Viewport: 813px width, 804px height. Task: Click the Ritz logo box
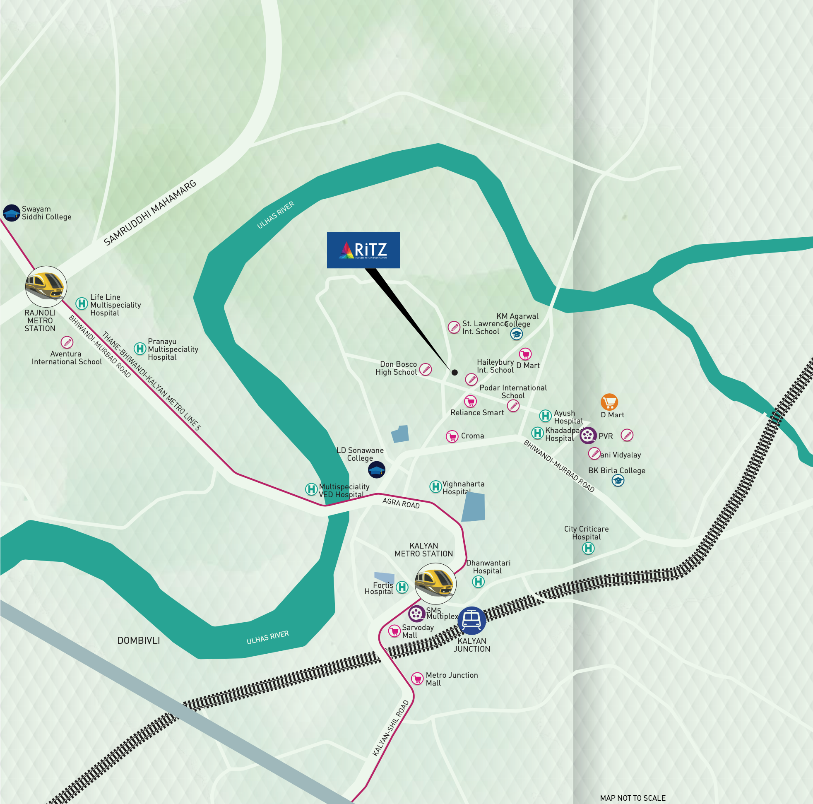[x=363, y=250]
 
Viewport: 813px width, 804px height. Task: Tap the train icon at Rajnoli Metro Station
[x=46, y=286]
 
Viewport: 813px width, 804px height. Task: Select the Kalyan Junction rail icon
[x=472, y=620]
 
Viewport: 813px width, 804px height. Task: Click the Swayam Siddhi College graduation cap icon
[x=11, y=213]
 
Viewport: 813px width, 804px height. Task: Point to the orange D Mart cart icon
[x=609, y=402]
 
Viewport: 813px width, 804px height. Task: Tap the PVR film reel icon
[x=588, y=435]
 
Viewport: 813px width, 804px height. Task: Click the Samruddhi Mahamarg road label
[x=150, y=212]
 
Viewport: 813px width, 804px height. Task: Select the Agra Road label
[x=401, y=503]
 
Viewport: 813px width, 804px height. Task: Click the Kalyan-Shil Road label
[x=390, y=728]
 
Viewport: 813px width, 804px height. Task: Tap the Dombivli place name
[x=138, y=640]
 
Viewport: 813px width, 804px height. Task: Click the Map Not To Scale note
[x=633, y=798]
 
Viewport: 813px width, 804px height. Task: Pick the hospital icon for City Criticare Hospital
[x=588, y=548]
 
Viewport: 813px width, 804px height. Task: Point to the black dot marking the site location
[x=455, y=372]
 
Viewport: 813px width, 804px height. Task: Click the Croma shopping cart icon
[x=452, y=436]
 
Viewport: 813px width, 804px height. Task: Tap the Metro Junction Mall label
[x=451, y=679]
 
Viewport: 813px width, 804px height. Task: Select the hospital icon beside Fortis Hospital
[x=402, y=587]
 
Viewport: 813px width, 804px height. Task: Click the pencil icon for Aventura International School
[x=67, y=342]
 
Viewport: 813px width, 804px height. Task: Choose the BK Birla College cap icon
[x=617, y=480]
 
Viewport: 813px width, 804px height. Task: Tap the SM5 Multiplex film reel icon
[x=416, y=613]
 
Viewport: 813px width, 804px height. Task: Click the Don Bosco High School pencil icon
[x=426, y=369]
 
